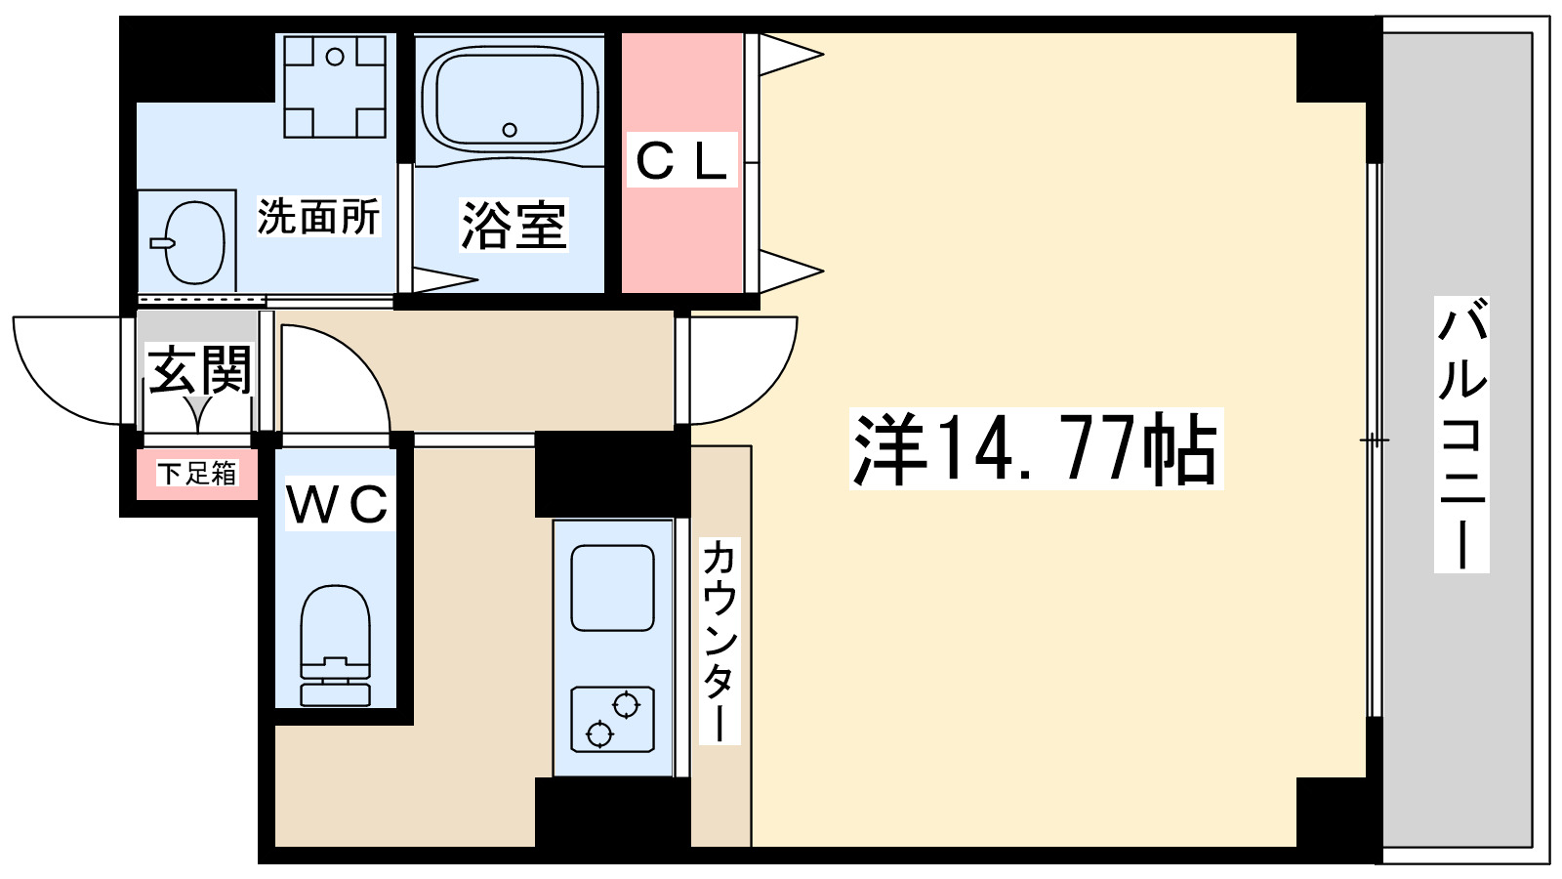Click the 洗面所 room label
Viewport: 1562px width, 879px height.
click(x=318, y=217)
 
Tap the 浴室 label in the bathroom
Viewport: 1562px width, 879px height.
click(x=513, y=225)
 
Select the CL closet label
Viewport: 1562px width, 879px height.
click(x=681, y=161)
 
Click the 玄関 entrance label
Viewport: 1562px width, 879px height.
click(x=200, y=369)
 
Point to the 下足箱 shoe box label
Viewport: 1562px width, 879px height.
click(x=197, y=474)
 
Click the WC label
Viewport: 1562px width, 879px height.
click(x=338, y=504)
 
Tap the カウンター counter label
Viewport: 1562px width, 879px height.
click(x=719, y=640)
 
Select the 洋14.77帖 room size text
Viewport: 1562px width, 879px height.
click(x=1035, y=449)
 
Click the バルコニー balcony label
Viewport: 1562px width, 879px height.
click(x=1461, y=435)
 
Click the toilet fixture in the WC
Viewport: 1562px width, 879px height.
click(x=336, y=645)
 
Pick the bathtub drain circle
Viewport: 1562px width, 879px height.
click(x=509, y=130)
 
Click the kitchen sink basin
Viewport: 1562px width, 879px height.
click(x=612, y=588)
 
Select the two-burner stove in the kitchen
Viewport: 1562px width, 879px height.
click(x=612, y=719)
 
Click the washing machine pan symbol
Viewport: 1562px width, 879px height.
click(x=335, y=86)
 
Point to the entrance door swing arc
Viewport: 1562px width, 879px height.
click(x=68, y=376)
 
